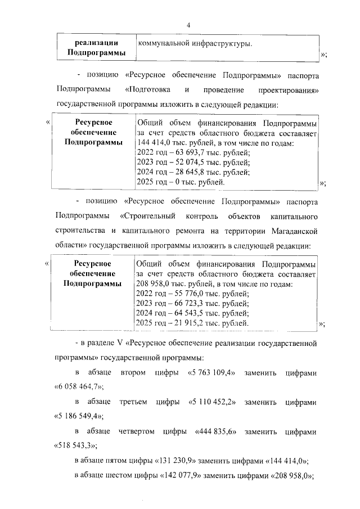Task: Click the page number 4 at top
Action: pyautogui.click(x=188, y=25)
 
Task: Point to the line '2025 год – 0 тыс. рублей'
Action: pyautogui.click(x=181, y=182)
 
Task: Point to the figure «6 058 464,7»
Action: pyautogui.click(x=78, y=387)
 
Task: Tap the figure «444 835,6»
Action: pyautogui.click(x=220, y=431)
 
